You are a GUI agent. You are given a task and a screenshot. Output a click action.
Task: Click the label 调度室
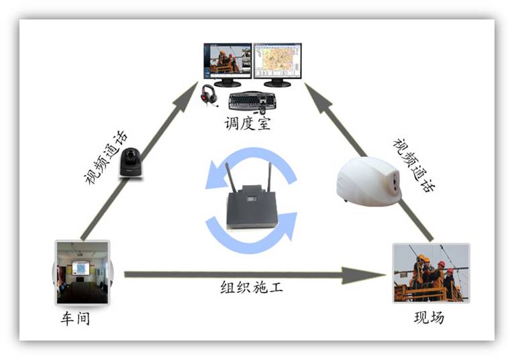pos(248,124)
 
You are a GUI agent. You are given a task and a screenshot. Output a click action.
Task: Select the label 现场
pos(429,318)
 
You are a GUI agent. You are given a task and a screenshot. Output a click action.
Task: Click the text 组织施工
pos(252,288)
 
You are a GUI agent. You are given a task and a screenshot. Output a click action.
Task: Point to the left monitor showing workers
pos(227,62)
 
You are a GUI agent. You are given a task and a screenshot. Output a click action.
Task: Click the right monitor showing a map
pos(277,62)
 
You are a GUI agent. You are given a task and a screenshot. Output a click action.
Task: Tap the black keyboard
pos(252,101)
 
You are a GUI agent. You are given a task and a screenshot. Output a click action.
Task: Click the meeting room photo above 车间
pos(82,273)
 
